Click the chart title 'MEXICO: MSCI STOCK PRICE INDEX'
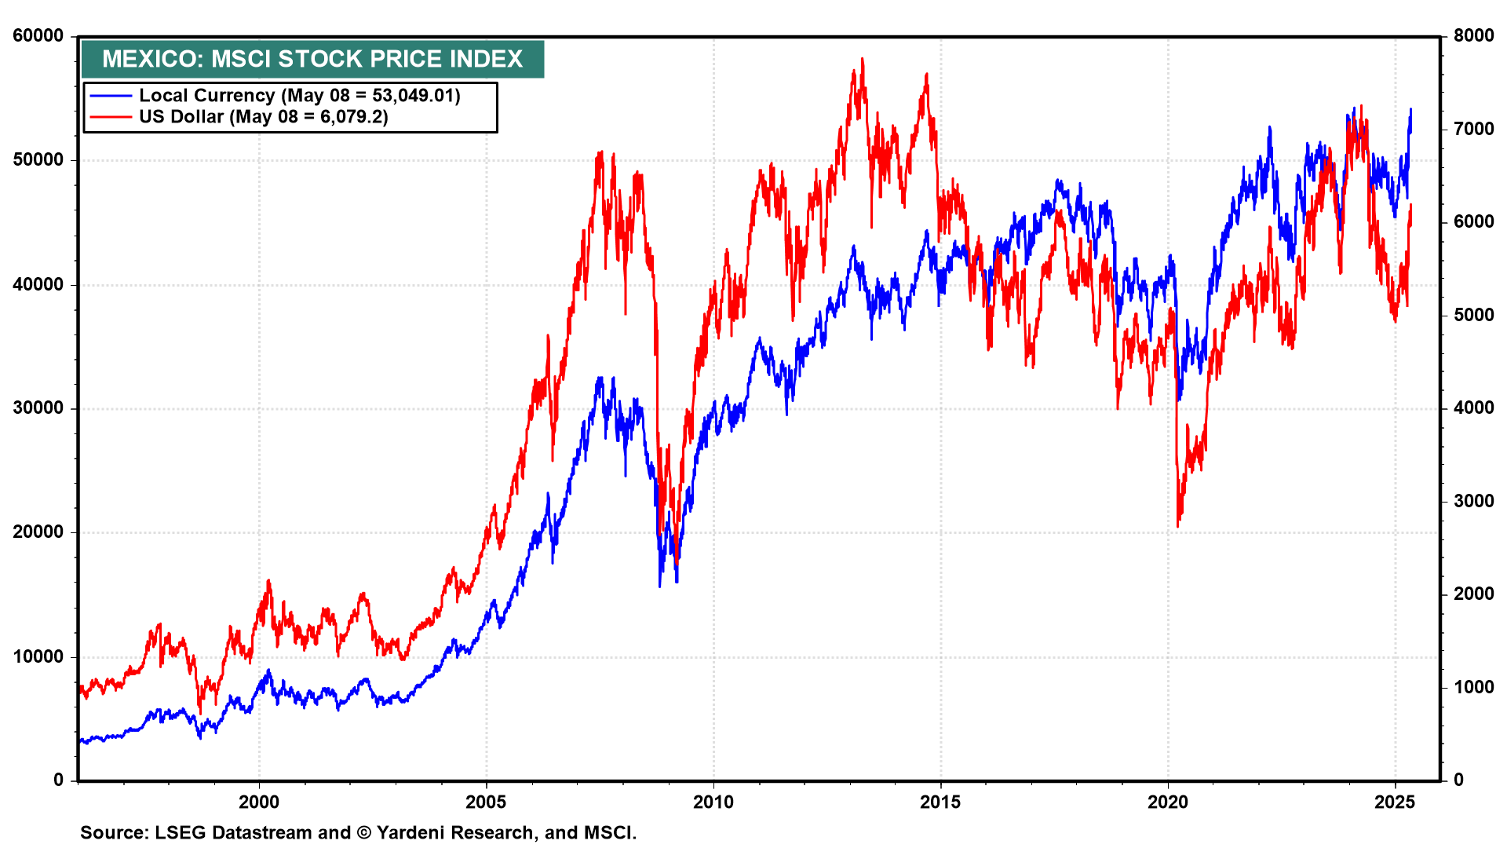pyautogui.click(x=312, y=59)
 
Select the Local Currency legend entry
pyautogui.click(x=299, y=96)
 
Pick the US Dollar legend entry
pyautogui.click(x=263, y=117)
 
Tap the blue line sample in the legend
pyautogui.click(x=111, y=96)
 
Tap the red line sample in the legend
pyautogui.click(x=111, y=117)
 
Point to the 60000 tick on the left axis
pyautogui.click(x=38, y=36)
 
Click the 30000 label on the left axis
pyautogui.click(x=38, y=408)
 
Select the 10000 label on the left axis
pyautogui.click(x=38, y=656)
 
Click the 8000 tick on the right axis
pyautogui.click(x=1473, y=36)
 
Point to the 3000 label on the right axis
pyautogui.click(x=1473, y=501)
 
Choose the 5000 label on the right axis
pyautogui.click(x=1473, y=315)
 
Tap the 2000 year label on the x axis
pyautogui.click(x=259, y=802)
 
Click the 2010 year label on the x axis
pyautogui.click(x=713, y=802)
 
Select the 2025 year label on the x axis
pyautogui.click(x=1395, y=802)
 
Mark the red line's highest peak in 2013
pyautogui.click(x=862, y=59)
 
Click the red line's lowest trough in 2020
pyautogui.click(x=1178, y=526)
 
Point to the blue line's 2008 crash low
pyautogui.click(x=659, y=585)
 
